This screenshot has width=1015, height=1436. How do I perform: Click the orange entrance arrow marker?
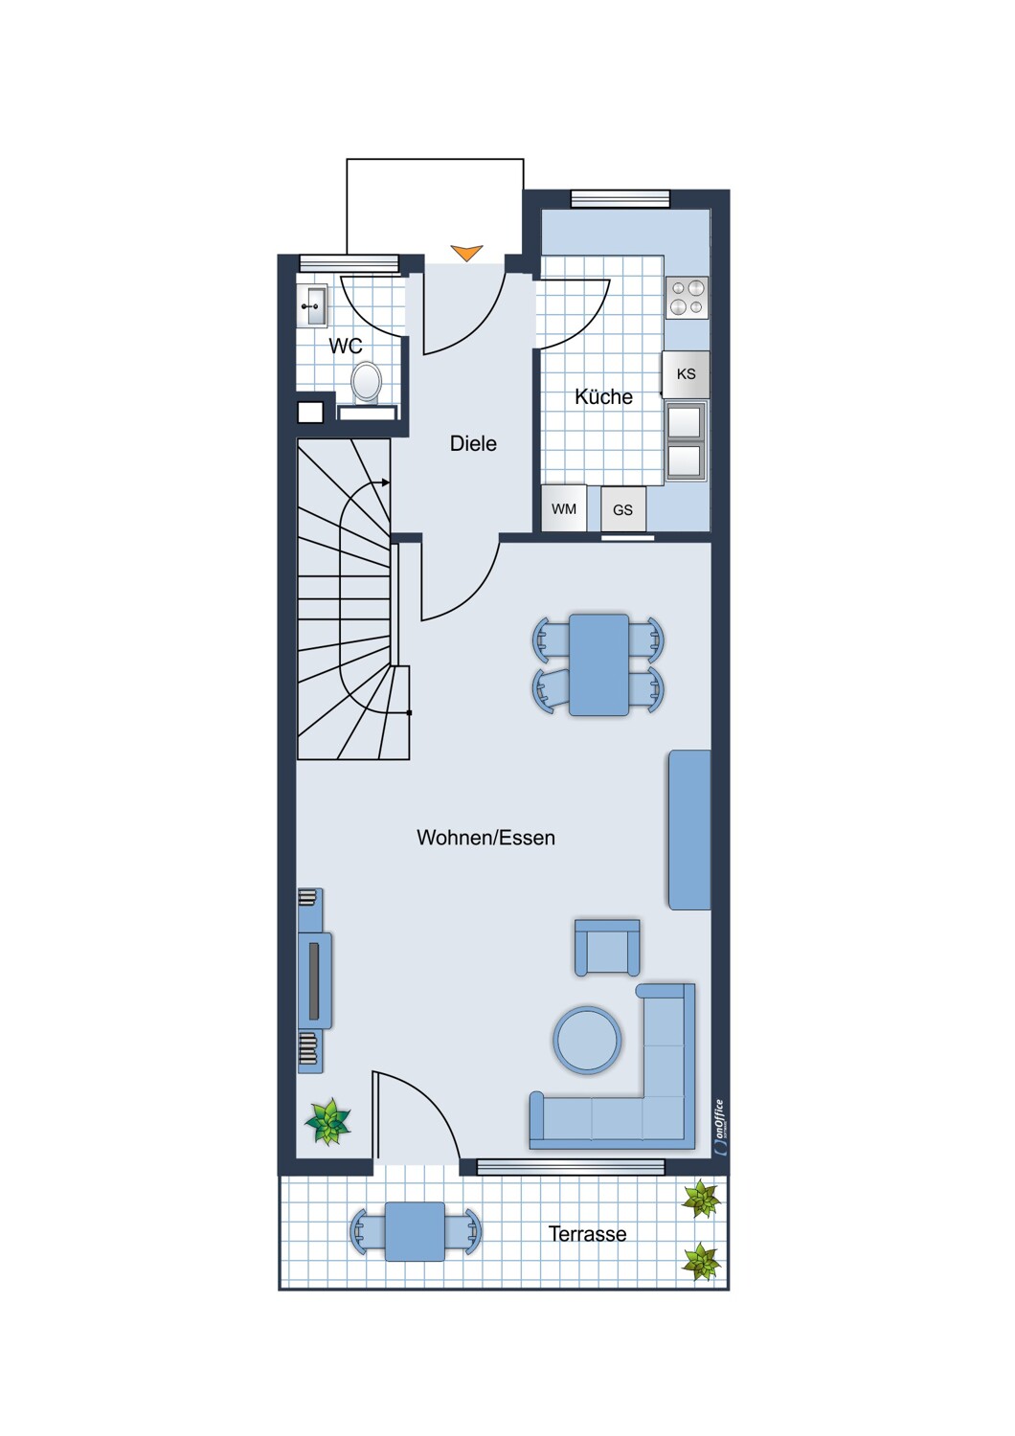click(x=466, y=253)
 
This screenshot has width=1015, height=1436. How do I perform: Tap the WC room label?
click(x=346, y=347)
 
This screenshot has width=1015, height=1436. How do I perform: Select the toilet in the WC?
click(x=366, y=382)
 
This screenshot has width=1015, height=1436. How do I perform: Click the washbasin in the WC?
click(x=313, y=305)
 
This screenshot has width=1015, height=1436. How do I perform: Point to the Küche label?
click(x=603, y=397)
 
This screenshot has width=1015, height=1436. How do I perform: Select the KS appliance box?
click(x=686, y=374)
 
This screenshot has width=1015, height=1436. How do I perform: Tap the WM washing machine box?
click(x=564, y=508)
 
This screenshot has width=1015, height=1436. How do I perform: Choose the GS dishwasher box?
click(x=623, y=509)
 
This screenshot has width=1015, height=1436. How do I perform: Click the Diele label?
click(x=473, y=443)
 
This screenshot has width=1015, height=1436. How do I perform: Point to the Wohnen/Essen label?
click(x=486, y=838)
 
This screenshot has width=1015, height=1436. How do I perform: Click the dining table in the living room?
click(x=598, y=664)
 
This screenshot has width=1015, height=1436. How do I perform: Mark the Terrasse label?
click(x=587, y=1234)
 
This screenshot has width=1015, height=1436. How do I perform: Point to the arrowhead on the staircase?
click(x=385, y=482)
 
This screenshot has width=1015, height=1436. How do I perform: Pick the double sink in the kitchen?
click(x=685, y=440)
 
